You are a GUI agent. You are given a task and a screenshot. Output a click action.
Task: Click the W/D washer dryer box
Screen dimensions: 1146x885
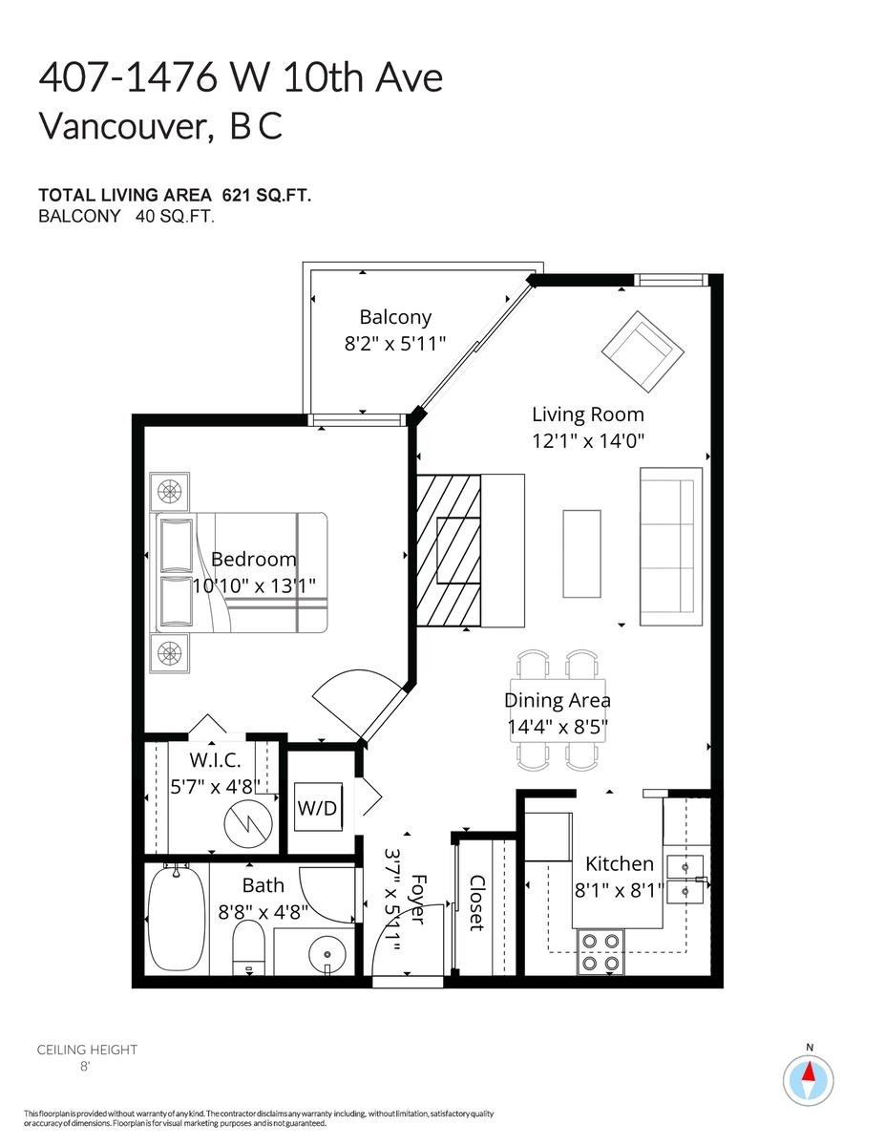(317, 809)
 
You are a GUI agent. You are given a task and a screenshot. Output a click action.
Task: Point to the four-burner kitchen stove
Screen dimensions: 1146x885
(600, 951)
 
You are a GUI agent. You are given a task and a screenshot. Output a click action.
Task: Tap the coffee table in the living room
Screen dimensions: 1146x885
(582, 554)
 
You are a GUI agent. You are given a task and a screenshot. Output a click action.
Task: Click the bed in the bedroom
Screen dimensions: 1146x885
(243, 572)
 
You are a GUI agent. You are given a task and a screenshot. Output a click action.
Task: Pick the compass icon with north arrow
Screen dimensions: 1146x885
(808, 1081)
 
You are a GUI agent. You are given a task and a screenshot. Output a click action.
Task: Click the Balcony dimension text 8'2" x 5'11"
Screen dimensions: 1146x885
(395, 343)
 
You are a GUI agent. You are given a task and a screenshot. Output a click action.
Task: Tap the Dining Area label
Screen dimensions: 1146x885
(558, 700)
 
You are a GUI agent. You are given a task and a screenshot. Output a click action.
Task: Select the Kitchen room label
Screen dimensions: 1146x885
(620, 863)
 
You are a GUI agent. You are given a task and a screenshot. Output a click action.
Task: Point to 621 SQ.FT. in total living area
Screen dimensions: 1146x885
(266, 195)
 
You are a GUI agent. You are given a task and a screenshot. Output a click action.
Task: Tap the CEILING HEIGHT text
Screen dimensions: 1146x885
(87, 1050)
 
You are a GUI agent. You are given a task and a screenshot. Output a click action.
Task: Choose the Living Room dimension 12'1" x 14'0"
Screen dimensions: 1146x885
(587, 441)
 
